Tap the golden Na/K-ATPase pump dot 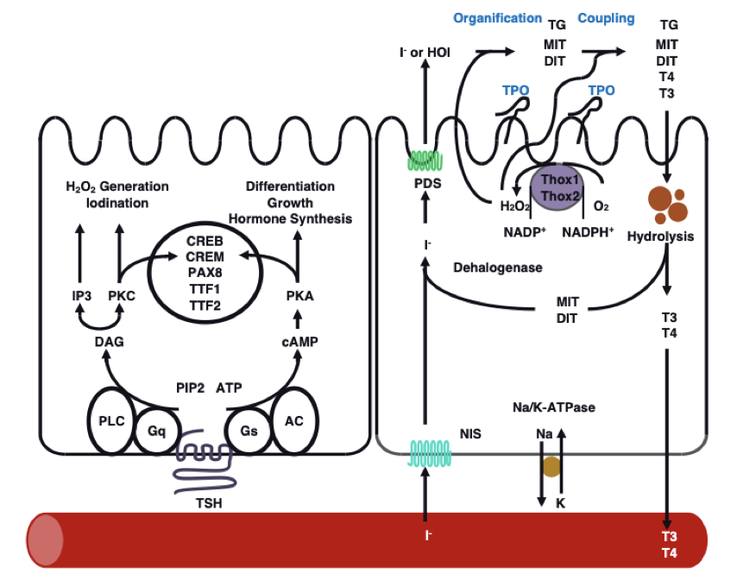[x=551, y=468]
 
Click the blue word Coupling [x=606, y=17]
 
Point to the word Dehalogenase [x=498, y=268]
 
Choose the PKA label [x=299, y=296]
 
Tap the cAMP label [x=299, y=342]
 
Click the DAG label [x=109, y=342]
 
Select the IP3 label [x=82, y=296]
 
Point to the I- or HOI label [x=424, y=53]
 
